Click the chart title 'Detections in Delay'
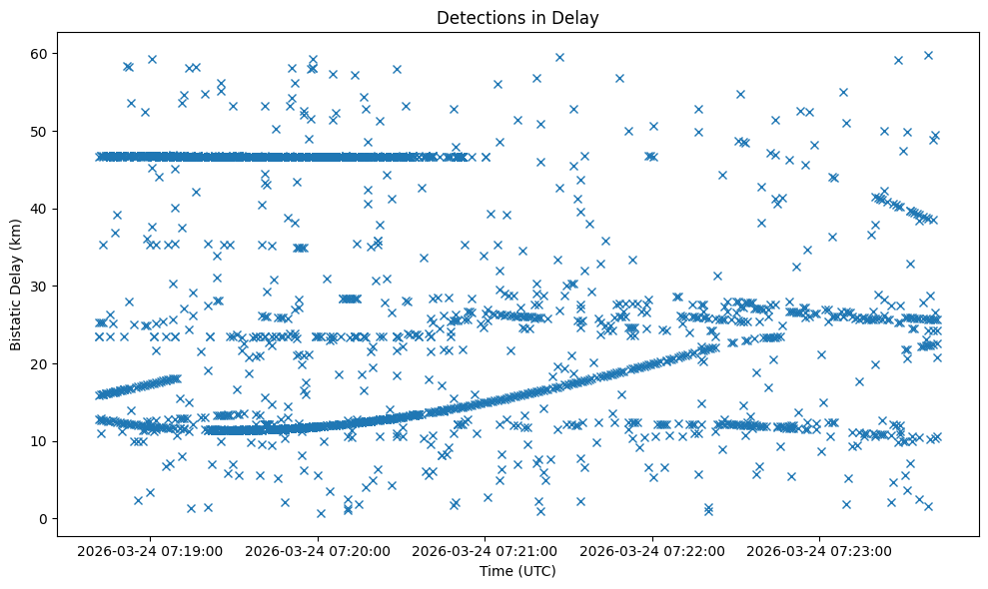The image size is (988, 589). pos(517,17)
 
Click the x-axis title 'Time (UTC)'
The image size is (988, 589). pos(517,571)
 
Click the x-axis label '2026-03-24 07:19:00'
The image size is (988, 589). pos(151,550)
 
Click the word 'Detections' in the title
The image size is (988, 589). pos(476,17)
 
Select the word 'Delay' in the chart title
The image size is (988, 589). pos(578,17)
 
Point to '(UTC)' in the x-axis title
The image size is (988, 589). pos(535,571)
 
